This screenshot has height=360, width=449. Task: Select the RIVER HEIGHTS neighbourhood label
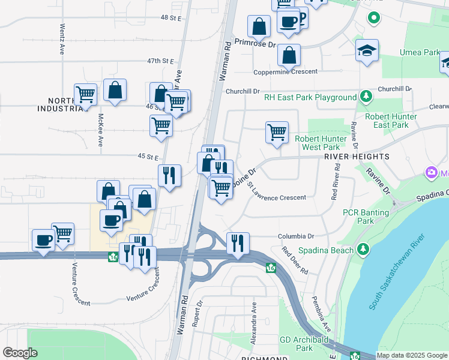pos(357,156)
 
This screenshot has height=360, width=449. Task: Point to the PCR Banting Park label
pos(358,217)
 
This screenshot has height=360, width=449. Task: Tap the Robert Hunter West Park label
pos(321,143)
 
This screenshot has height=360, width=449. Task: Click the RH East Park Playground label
pos(310,97)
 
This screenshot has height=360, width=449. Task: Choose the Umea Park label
pos(420,53)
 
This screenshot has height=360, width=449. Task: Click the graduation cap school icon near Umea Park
pos(366,51)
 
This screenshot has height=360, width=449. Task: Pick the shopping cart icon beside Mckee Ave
pos(86,94)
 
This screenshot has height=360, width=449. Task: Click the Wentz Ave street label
pos(62,39)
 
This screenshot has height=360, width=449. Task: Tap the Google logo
pos(20,353)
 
